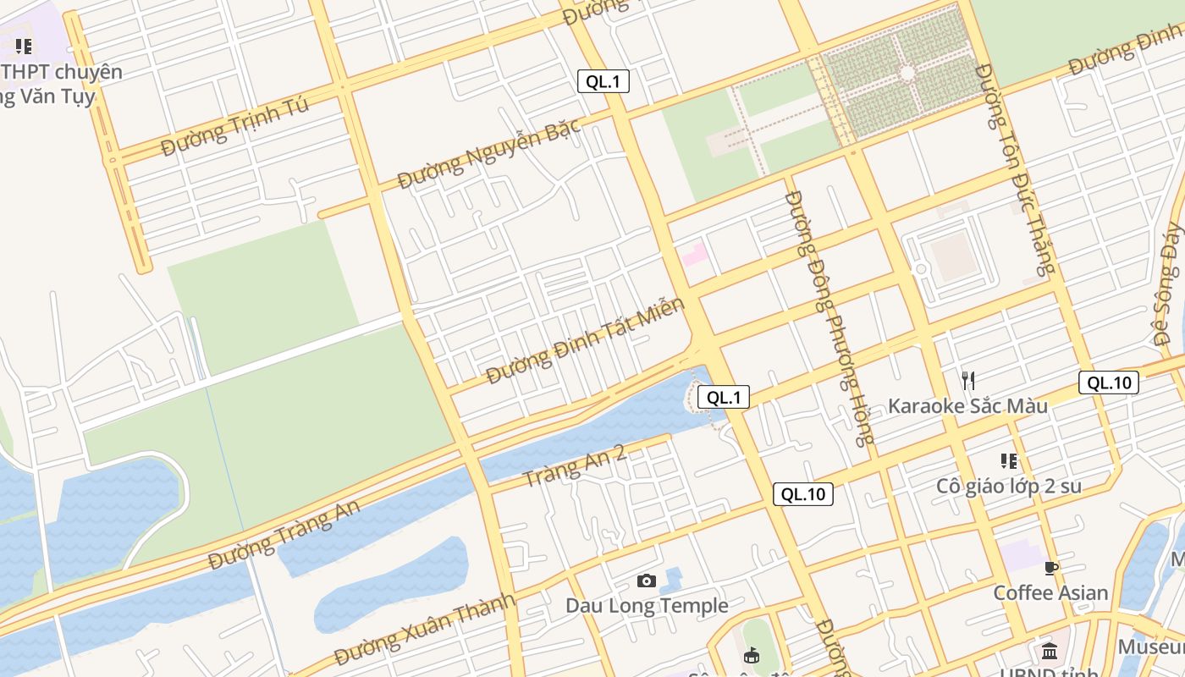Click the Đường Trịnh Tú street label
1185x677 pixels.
(x=234, y=126)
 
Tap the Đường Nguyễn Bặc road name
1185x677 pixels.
(x=489, y=153)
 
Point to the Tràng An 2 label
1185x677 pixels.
(x=573, y=465)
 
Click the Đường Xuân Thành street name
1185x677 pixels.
(x=424, y=629)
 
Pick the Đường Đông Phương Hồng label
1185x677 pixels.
(x=828, y=316)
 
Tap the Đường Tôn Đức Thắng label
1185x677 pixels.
(x=1015, y=169)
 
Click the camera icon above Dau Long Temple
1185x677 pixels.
(x=647, y=581)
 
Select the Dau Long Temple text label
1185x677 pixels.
(x=647, y=606)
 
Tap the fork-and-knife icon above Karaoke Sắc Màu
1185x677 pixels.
(x=968, y=381)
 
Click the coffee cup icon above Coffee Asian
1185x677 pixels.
(x=1051, y=568)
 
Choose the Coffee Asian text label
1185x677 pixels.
(x=1050, y=592)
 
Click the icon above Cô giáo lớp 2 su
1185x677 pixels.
(x=1009, y=461)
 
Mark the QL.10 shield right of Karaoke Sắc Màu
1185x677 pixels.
(x=1108, y=383)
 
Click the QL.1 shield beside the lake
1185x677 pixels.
(x=724, y=397)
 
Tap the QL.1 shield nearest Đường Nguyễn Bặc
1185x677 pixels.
(x=604, y=81)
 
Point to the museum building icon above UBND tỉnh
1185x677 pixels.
(x=1050, y=651)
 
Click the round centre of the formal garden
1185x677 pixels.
(x=907, y=74)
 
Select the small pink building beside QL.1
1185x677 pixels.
(x=695, y=253)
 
